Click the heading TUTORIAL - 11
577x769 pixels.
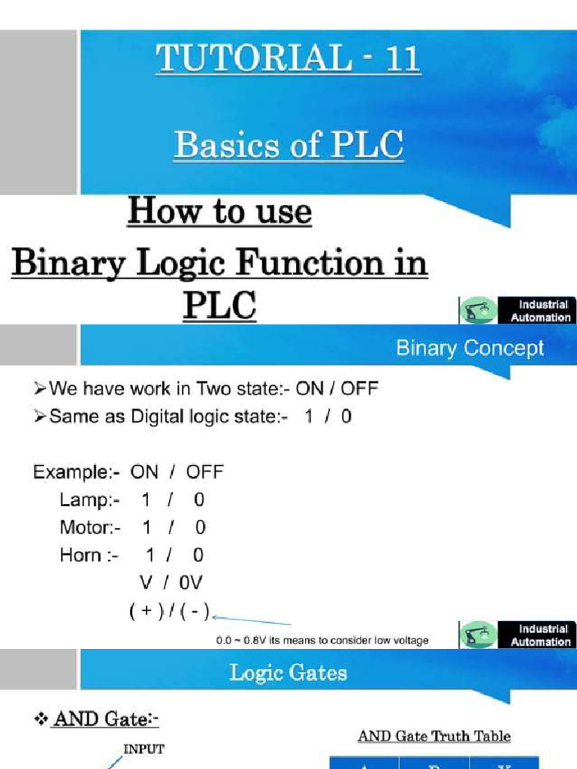(x=288, y=58)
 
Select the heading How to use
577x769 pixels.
(x=219, y=212)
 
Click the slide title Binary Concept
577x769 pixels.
(x=470, y=348)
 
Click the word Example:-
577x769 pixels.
(x=76, y=472)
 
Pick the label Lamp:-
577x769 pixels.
(x=89, y=500)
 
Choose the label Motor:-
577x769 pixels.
(x=90, y=528)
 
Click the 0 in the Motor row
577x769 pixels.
(x=200, y=528)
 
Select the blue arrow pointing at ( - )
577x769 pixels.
(x=252, y=620)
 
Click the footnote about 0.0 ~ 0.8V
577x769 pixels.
(x=322, y=641)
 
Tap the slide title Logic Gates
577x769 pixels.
(x=288, y=673)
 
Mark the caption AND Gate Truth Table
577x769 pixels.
(x=434, y=736)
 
